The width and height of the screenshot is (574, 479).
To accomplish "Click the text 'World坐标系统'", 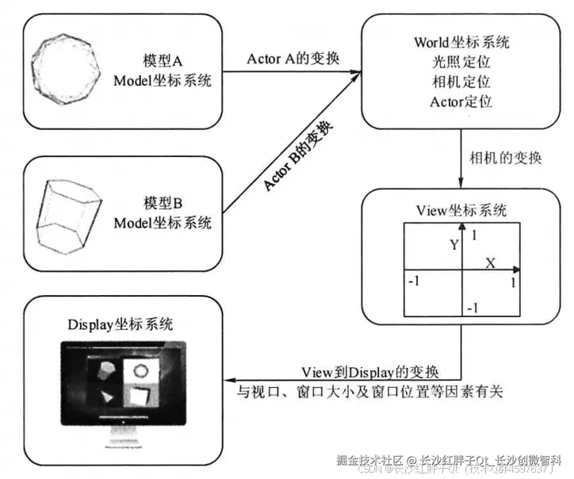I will click(461, 42).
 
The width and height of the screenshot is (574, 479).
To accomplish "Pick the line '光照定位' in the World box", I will click(461, 62).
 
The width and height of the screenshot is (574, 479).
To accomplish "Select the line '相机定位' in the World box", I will click(461, 82).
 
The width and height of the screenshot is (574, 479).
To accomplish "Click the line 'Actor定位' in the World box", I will click(461, 102).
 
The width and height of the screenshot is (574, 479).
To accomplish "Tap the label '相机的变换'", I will click(504, 157).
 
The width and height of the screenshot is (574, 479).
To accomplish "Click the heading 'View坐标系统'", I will click(461, 209).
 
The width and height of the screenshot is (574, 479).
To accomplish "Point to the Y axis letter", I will click(454, 246).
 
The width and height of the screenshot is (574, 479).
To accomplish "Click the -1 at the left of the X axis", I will click(413, 281).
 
